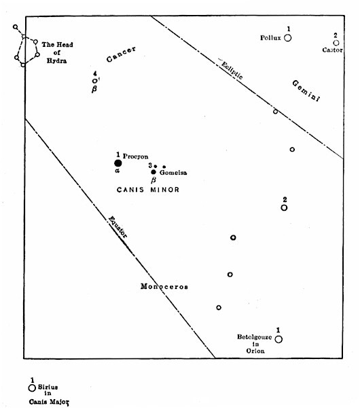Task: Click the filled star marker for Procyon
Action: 118,163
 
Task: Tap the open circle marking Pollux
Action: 288,38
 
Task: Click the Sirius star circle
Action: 32,388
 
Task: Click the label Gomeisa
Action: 173,173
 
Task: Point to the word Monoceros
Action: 164,286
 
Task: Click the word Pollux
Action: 270,37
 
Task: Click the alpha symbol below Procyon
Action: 117,171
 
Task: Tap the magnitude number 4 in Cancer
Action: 96,73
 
